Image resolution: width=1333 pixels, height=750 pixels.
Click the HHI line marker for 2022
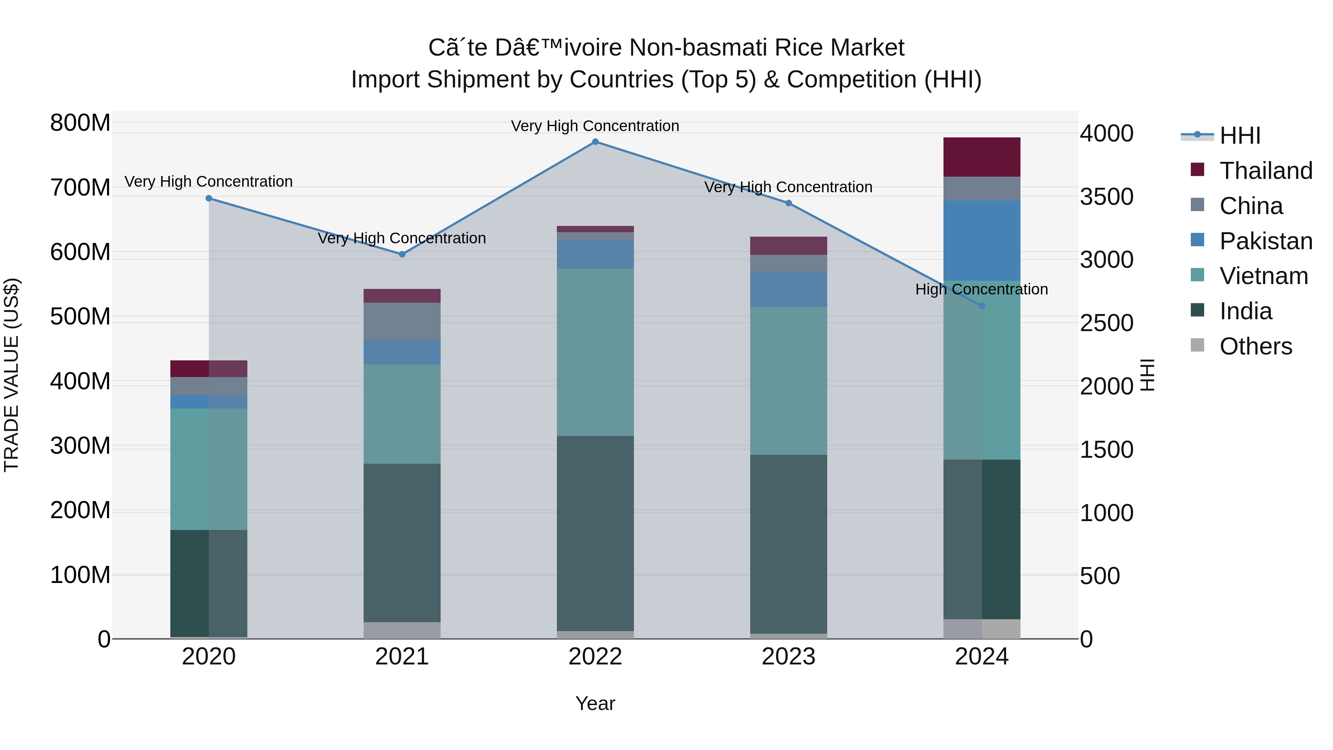(x=595, y=142)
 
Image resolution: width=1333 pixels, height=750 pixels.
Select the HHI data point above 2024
(x=982, y=306)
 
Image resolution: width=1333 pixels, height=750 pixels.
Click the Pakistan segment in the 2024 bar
(x=982, y=241)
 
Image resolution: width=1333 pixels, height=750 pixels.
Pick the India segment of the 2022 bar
(x=595, y=533)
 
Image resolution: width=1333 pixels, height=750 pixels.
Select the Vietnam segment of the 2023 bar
(x=788, y=381)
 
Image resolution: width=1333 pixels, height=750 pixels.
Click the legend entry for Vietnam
(x=1263, y=276)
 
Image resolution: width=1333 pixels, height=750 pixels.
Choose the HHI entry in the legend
(x=1239, y=136)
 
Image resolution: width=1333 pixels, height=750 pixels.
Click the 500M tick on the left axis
(x=80, y=316)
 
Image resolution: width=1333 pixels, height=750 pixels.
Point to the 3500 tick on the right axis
(x=1106, y=197)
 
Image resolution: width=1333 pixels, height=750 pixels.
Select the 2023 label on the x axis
(x=788, y=657)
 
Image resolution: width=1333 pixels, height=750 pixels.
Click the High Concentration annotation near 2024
(x=982, y=289)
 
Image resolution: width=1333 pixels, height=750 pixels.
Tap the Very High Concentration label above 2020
(x=208, y=182)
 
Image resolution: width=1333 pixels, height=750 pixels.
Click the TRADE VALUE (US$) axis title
(x=11, y=375)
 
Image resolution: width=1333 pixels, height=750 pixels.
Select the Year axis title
(x=595, y=703)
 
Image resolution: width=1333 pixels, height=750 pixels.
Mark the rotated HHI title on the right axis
(x=1147, y=375)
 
